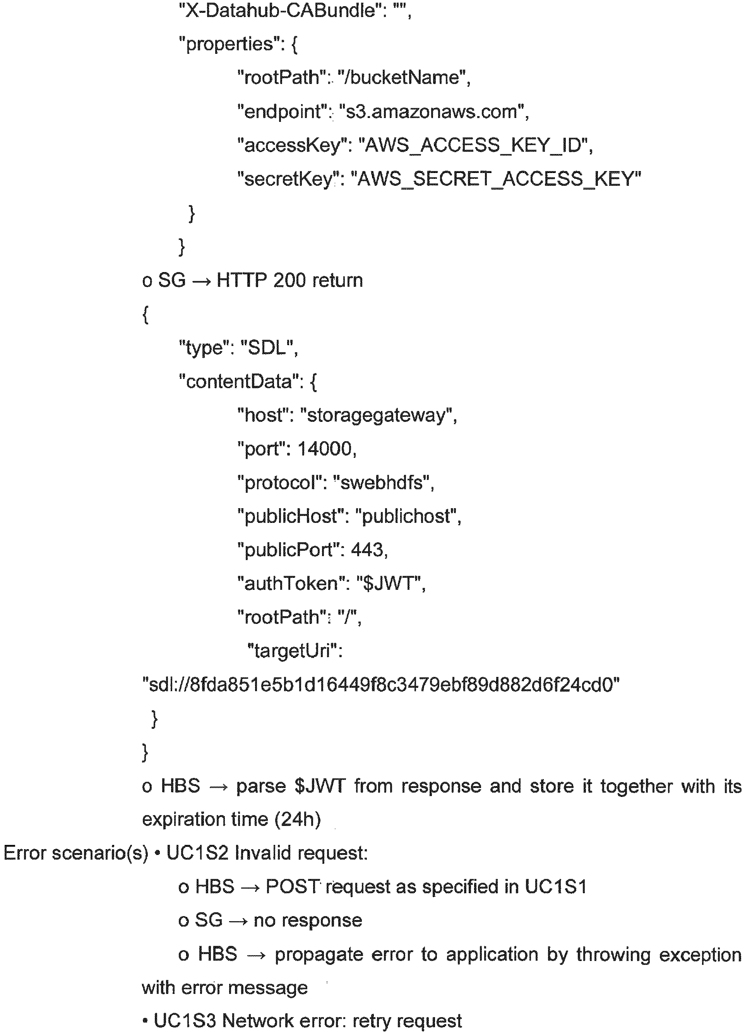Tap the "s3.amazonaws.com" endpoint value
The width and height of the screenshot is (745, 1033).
[x=432, y=111]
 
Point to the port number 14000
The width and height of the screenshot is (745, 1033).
[x=324, y=449]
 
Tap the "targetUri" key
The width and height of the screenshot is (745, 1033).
[x=292, y=651]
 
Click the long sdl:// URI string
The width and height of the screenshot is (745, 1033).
[x=382, y=685]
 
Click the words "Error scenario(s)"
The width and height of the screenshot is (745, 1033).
[x=75, y=853]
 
